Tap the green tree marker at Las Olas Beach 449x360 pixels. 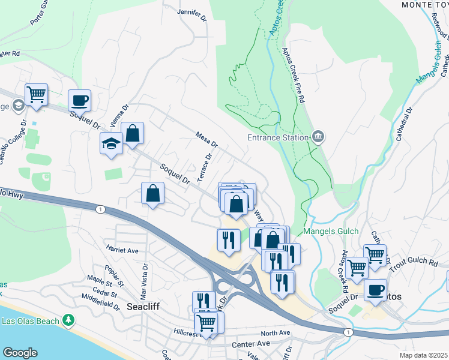[x=70, y=320]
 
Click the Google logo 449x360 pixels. [x=20, y=353]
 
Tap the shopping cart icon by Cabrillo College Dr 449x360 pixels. [x=36, y=94]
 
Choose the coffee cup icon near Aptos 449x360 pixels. [x=375, y=289]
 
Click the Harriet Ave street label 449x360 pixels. [x=122, y=250]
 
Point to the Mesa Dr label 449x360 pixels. [x=206, y=140]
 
